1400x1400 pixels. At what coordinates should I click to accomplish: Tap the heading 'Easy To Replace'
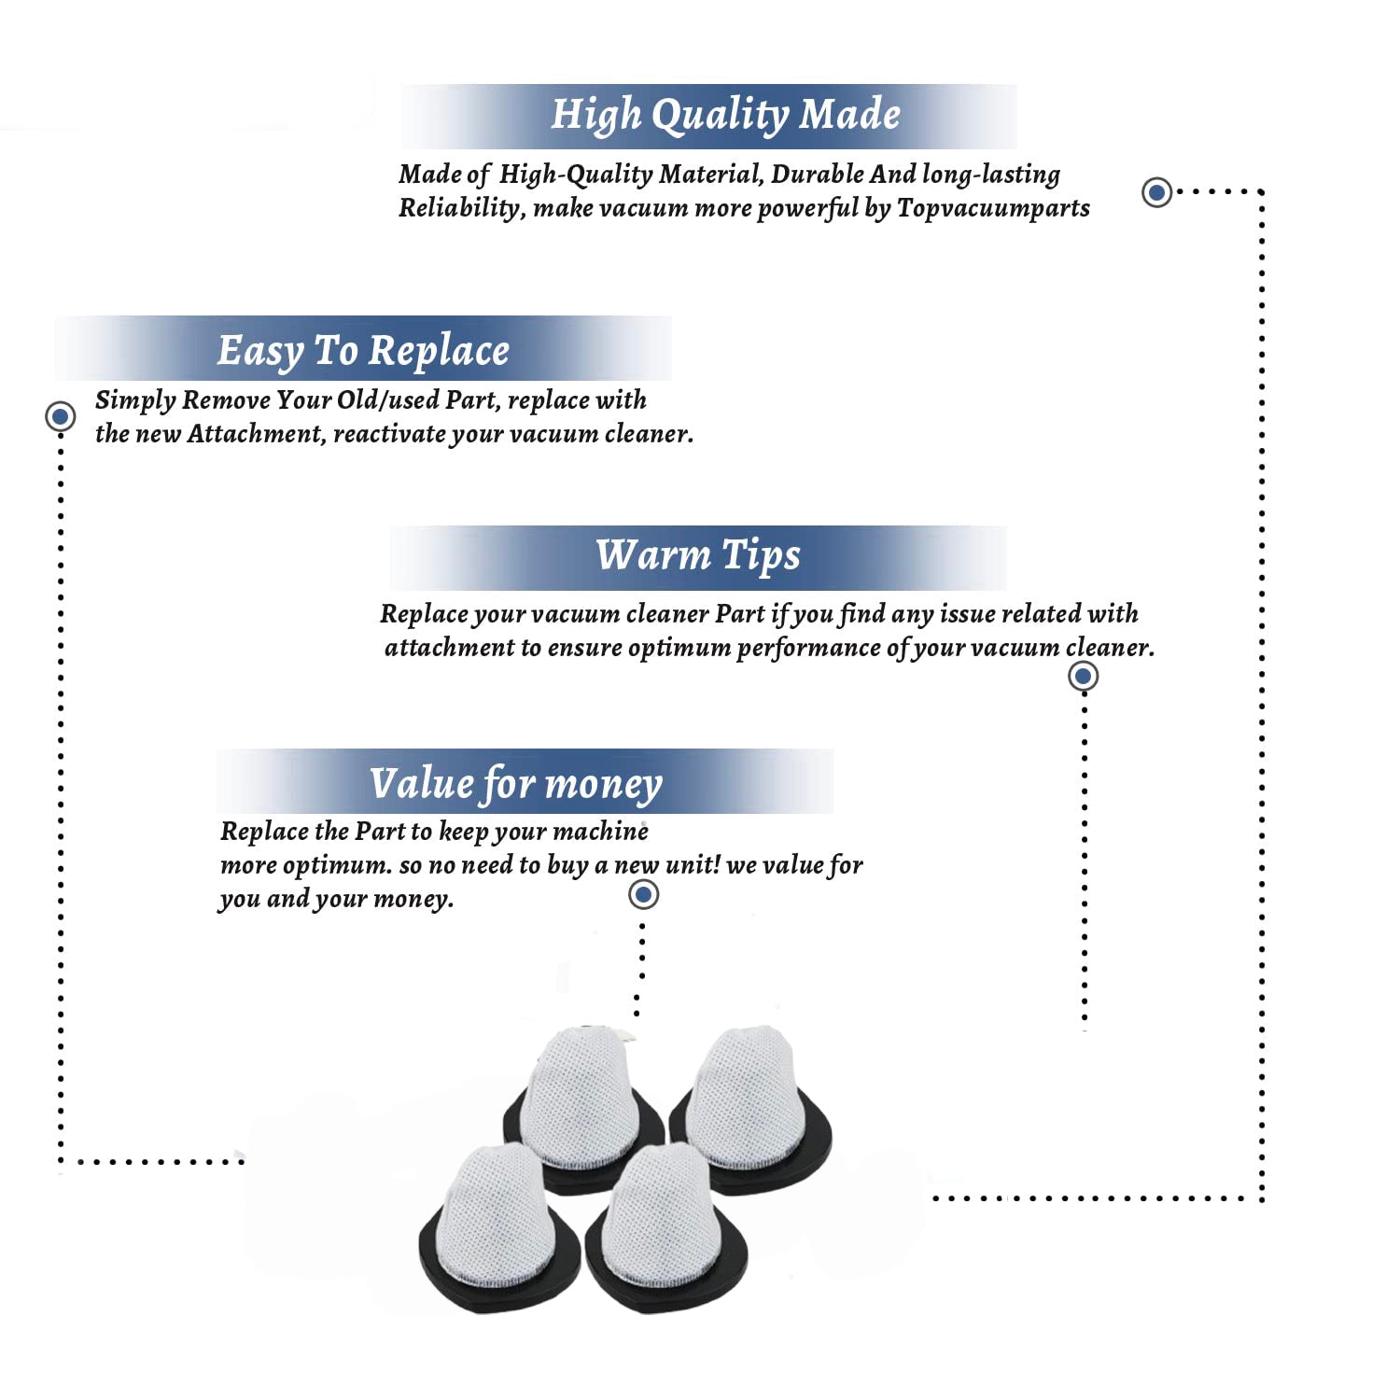tap(363, 351)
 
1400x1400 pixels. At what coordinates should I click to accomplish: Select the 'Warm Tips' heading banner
tap(698, 555)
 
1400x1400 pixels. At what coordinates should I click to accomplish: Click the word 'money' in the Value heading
tap(604, 785)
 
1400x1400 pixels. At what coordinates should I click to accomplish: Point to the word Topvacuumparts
tap(993, 208)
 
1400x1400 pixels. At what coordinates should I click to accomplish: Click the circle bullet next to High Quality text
tap(1157, 192)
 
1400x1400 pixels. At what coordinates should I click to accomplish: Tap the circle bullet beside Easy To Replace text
tap(61, 416)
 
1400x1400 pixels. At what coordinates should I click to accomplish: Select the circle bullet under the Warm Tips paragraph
tap(1083, 676)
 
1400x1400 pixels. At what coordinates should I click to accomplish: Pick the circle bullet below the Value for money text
tap(643, 894)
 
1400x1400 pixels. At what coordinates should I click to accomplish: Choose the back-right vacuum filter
tap(751, 1101)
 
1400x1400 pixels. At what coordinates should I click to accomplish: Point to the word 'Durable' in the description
tap(817, 175)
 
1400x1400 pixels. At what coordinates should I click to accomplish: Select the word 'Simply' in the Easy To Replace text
tap(135, 401)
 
